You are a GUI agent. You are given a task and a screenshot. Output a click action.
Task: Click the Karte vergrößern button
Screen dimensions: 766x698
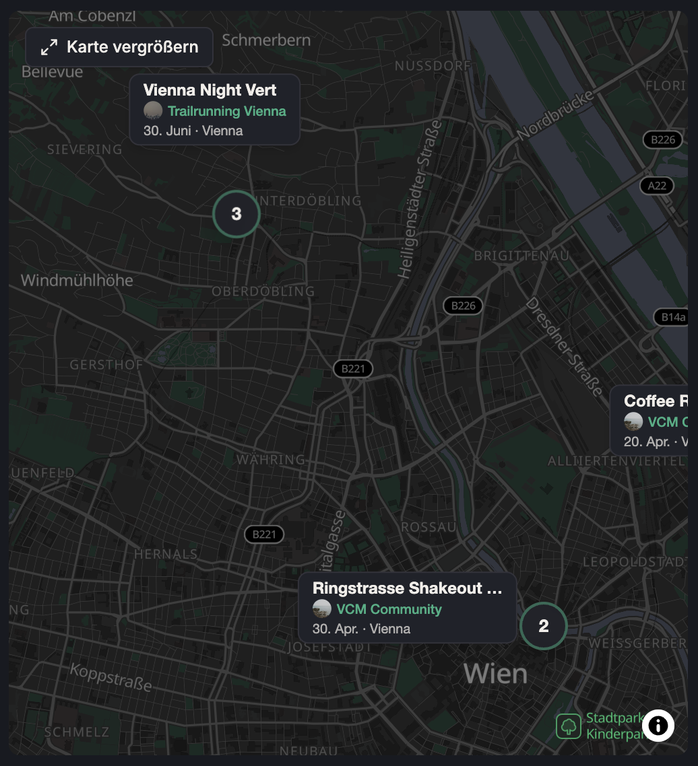coord(120,47)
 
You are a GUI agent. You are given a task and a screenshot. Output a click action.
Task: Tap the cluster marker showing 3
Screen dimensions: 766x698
coord(236,214)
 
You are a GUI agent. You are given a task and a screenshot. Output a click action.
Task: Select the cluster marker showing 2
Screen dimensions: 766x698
coord(544,627)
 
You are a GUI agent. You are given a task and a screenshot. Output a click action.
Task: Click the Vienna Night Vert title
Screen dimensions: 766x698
coord(210,90)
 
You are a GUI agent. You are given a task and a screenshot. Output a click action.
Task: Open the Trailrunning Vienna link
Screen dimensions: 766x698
coord(227,112)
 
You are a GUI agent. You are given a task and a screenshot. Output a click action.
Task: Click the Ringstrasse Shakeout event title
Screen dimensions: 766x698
coord(408,588)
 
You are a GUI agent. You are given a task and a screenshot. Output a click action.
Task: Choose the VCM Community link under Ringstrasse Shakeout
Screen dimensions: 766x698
coord(389,610)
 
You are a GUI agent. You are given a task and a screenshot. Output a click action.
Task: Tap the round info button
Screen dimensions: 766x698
coord(658,726)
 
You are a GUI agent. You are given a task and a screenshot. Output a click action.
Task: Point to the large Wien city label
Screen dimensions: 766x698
coord(495,673)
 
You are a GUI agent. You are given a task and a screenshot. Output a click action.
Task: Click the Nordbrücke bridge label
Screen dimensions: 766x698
coord(557,115)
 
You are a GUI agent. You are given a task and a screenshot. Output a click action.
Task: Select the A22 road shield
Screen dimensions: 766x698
coord(657,186)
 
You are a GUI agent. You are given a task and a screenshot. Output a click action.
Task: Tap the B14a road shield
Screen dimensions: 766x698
coord(672,317)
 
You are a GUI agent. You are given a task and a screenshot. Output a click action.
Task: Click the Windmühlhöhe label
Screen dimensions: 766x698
coord(77,281)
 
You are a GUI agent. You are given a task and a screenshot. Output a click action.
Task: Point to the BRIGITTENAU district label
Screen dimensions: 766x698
coord(521,256)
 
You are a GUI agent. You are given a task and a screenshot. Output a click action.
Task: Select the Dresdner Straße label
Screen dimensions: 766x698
coord(564,347)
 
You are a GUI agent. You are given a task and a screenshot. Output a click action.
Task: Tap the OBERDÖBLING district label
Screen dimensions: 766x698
coord(263,291)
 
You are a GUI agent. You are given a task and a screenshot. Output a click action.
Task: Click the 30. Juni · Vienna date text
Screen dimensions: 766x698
coord(193,131)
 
